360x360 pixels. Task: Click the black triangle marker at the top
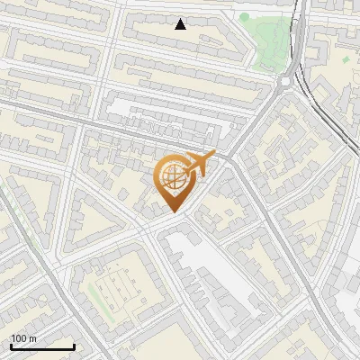point(180,24)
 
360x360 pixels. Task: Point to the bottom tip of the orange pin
point(172,212)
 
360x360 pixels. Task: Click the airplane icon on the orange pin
point(199,164)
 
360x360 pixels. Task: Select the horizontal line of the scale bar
point(42,347)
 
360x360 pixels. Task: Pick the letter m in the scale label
point(34,338)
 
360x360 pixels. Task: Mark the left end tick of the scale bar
point(11,346)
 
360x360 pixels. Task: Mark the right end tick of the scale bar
point(74,346)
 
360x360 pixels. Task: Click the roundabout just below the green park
point(285,81)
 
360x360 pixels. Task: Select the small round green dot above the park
point(244,15)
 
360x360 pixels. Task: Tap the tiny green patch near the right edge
point(344,58)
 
